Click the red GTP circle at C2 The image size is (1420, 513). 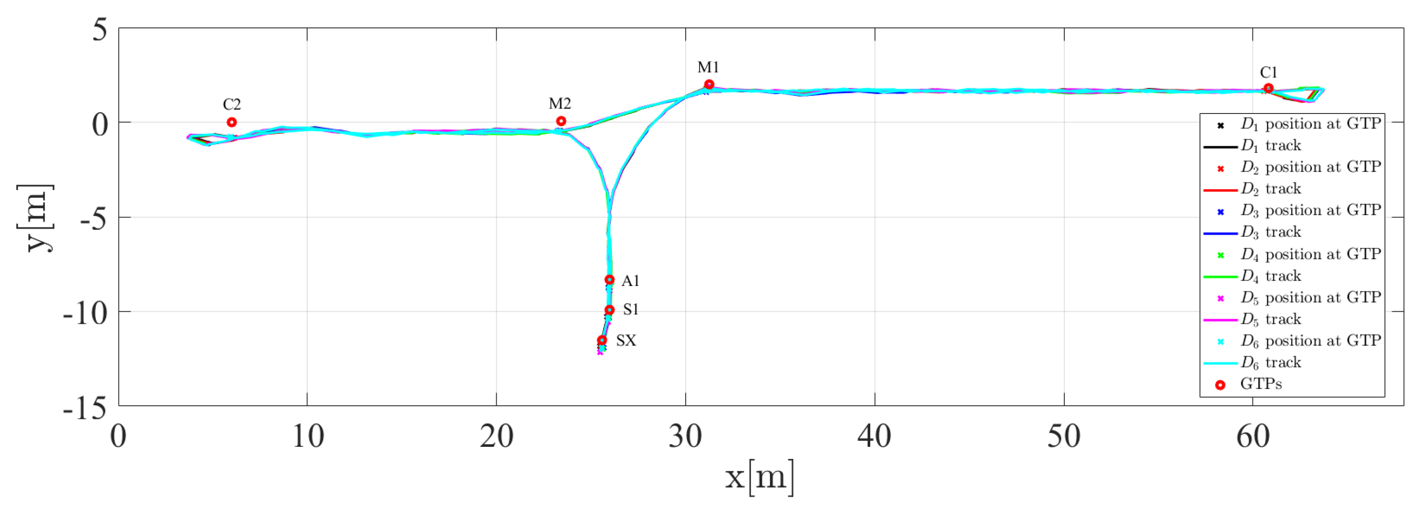pos(231,122)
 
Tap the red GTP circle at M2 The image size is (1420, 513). pos(561,121)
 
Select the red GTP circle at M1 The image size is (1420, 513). pos(709,84)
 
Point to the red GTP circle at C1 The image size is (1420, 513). pos(1268,88)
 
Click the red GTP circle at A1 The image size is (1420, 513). pos(609,280)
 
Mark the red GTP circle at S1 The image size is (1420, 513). pos(609,310)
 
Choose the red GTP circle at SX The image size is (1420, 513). pos(602,340)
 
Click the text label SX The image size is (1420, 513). pos(626,341)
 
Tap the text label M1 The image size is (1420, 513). pos(708,67)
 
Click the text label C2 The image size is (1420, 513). pos(231,104)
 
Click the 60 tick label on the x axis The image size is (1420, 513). pos(1253,436)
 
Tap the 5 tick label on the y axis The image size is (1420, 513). pos(100,30)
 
